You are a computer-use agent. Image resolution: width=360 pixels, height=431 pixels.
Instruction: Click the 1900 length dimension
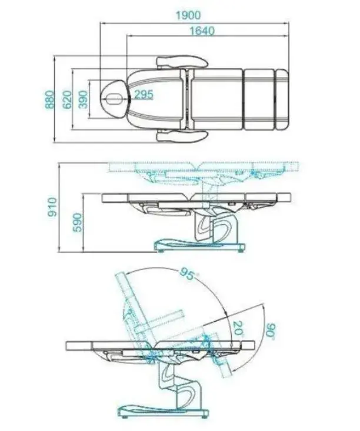pyautogui.click(x=188, y=15)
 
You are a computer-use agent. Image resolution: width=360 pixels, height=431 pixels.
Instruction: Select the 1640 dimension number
pyautogui.click(x=202, y=31)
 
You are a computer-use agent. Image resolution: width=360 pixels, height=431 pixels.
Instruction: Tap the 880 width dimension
pyautogui.click(x=50, y=99)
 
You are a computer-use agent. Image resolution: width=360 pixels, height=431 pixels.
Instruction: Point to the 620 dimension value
pyautogui.click(x=67, y=99)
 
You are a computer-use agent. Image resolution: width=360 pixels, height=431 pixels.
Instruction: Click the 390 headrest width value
pyautogui.click(x=84, y=99)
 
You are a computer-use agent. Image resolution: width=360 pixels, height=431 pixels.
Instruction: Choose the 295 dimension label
pyautogui.click(x=144, y=95)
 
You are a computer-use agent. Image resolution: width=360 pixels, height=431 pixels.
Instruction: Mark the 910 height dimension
pyautogui.click(x=52, y=207)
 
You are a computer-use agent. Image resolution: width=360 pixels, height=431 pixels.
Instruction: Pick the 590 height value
pyautogui.click(x=77, y=222)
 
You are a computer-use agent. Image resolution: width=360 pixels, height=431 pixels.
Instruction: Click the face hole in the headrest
pyautogui.click(x=114, y=99)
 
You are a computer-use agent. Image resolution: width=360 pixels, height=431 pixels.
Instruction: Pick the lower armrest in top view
pyautogui.click(x=182, y=136)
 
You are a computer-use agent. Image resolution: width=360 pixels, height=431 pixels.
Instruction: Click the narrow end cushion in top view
pyautogui.click(x=282, y=99)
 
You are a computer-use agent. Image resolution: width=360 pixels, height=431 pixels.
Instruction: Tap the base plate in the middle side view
pyautogui.click(x=200, y=245)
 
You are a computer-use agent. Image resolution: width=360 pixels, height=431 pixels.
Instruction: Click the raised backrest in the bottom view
pyautogui.click(x=135, y=308)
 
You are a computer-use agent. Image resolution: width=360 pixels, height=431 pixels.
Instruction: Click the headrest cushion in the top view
pyautogui.click(x=114, y=99)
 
